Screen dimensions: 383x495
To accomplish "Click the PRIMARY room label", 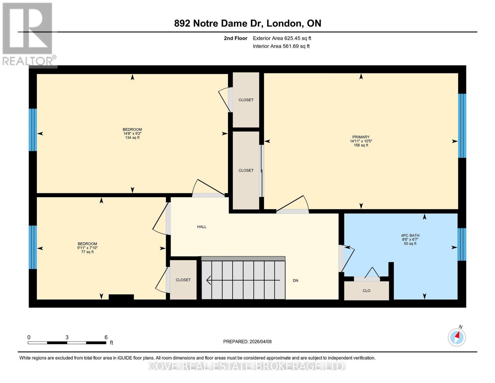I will click(x=361, y=137).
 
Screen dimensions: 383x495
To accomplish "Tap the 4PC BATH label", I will click(x=410, y=236).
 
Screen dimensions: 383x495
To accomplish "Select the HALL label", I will click(x=201, y=227).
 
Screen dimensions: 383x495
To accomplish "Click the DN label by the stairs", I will click(x=295, y=281).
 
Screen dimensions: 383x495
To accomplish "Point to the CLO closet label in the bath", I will click(x=366, y=291).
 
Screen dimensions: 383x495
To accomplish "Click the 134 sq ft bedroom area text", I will click(x=132, y=138).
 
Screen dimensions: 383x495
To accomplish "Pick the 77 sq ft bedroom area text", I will click(x=87, y=252).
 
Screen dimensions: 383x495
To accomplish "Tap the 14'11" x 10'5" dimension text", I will click(x=361, y=141).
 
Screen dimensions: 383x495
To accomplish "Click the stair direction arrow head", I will click(x=209, y=280).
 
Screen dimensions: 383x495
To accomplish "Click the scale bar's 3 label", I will click(x=67, y=337).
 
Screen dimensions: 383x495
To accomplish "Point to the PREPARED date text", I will click(x=247, y=342).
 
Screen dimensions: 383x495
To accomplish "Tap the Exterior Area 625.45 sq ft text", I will click(x=282, y=38).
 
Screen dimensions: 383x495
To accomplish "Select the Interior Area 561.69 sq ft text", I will click(x=281, y=46).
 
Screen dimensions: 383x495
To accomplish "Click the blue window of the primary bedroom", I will click(x=462, y=125).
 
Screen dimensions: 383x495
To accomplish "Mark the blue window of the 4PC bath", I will click(x=462, y=244).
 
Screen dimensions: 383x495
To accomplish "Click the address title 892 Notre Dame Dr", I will click(x=247, y=23).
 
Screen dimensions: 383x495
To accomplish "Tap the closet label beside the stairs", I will click(x=183, y=280).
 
